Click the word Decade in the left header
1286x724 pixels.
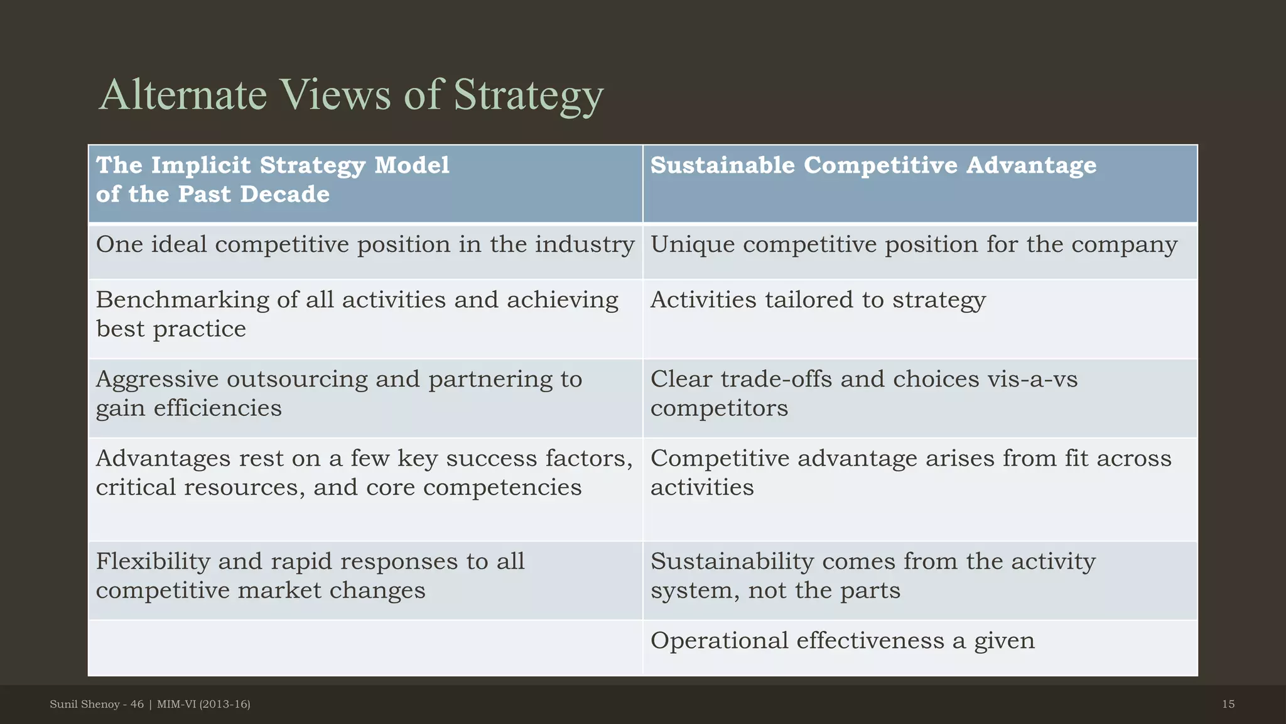tap(284, 195)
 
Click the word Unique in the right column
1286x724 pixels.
tap(692, 245)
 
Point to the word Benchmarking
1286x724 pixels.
tap(182, 300)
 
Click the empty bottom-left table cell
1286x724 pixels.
tap(365, 647)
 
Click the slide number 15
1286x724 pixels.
tap(1228, 705)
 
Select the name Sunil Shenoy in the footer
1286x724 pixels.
tap(85, 705)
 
